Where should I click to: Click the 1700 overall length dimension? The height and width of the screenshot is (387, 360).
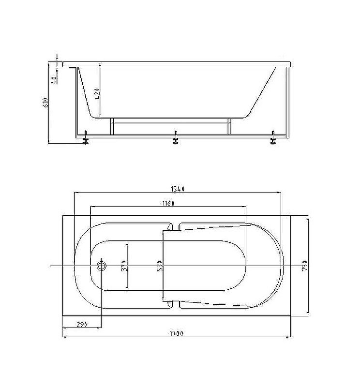176,333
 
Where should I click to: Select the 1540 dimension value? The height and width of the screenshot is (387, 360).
178,189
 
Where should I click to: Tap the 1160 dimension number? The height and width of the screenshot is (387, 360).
168,203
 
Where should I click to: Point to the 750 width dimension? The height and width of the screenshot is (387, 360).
305,266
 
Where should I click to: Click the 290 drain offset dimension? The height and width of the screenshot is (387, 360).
82,324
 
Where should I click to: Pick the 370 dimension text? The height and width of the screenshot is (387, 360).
124,266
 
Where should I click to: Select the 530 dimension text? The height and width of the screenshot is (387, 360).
160,266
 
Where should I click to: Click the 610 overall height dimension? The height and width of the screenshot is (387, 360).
45,103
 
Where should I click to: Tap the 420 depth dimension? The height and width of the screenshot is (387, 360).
97,93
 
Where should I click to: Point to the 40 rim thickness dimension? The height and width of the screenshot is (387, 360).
54,79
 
